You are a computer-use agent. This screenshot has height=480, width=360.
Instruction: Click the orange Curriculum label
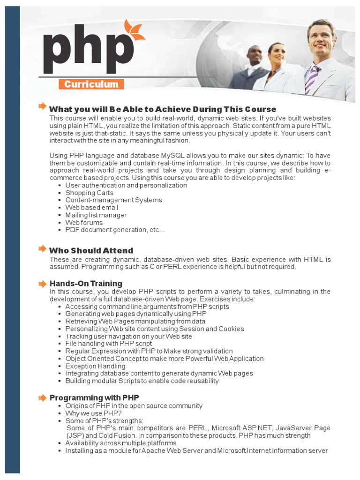pos(91,84)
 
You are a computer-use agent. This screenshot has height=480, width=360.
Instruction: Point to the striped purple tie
pos(311,80)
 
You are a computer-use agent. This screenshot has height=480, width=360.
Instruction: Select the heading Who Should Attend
pos(91,251)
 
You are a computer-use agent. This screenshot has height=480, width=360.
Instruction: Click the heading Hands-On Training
pos(86,284)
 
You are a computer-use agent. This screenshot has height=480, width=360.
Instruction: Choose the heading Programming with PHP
pos(94,398)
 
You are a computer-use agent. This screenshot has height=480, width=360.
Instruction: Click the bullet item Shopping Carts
pos(89,193)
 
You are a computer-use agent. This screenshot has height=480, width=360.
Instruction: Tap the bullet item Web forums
pos(84,223)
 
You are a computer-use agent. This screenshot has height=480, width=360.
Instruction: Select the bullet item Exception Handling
pos(95,366)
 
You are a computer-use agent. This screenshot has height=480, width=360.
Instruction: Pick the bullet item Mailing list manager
pos(96,215)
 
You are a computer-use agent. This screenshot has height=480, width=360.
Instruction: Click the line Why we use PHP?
pos(93,413)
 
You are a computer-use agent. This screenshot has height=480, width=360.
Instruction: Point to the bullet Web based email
pos(91,208)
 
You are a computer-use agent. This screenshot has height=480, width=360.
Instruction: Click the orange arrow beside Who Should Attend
pos(43,248)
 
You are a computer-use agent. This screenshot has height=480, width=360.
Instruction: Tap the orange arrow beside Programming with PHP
pos(43,397)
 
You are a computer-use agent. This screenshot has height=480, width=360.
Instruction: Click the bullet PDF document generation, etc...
pos(115,230)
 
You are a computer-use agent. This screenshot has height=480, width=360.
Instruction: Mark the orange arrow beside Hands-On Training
pos(43,283)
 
